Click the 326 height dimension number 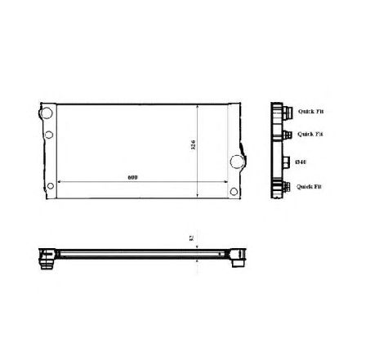(193, 148)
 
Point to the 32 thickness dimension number (190, 238)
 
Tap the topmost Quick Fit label (310, 113)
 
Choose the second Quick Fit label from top (310, 135)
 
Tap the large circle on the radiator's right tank (238, 162)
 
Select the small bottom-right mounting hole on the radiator (234, 193)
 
